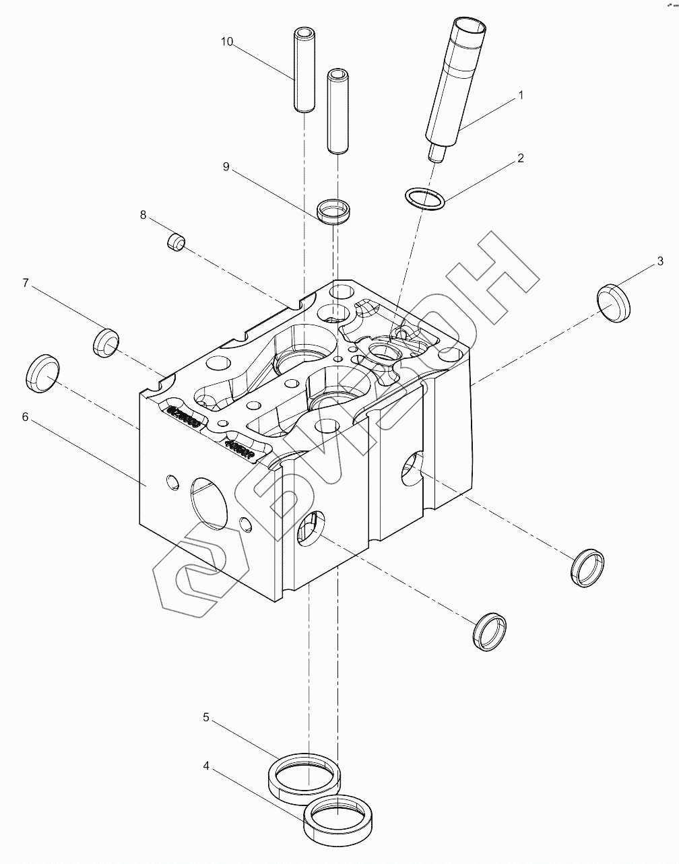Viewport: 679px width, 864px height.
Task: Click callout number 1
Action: tap(520, 96)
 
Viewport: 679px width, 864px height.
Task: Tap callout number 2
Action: tap(520, 158)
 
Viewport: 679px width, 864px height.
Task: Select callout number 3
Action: tap(660, 261)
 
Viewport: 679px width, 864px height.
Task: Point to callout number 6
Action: tap(25, 417)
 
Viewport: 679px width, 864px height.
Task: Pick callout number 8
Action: tap(143, 215)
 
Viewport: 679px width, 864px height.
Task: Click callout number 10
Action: tap(227, 42)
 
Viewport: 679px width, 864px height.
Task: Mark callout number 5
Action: tap(206, 717)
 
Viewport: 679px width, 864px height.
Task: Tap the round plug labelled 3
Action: tap(615, 302)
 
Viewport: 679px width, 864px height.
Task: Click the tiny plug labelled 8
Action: tap(176, 241)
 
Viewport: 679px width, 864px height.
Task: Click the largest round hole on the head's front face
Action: tap(210, 502)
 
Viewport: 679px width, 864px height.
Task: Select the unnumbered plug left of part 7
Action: tap(43, 372)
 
